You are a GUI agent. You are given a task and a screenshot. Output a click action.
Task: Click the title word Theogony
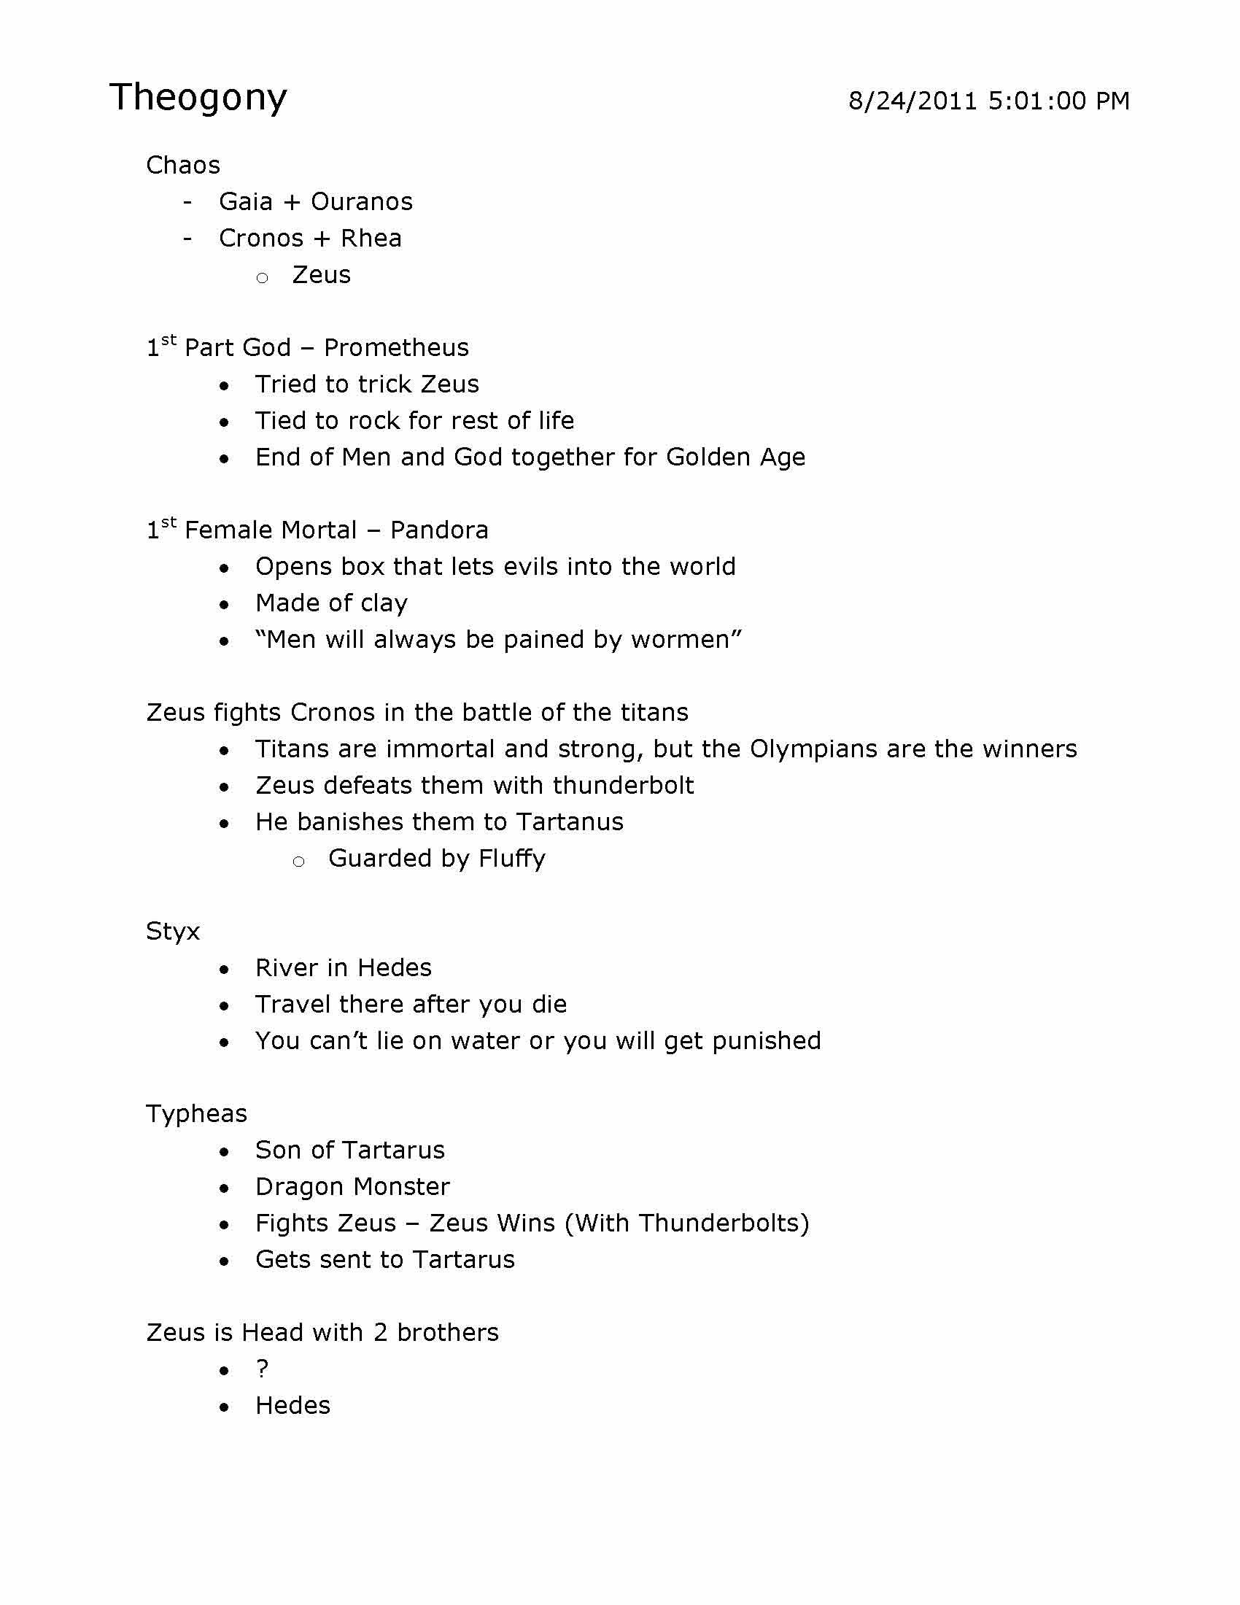click(x=198, y=98)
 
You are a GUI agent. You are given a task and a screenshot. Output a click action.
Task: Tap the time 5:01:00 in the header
click(x=1036, y=101)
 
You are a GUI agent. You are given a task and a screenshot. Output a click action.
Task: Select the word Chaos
click(x=183, y=165)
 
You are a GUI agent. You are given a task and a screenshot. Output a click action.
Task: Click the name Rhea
click(x=371, y=238)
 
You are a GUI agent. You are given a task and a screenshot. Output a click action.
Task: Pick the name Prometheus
click(x=396, y=347)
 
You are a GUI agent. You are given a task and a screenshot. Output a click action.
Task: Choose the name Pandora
click(x=438, y=530)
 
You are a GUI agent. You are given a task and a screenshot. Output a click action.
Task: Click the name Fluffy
click(x=512, y=859)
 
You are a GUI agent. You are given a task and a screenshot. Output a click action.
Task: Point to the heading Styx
click(x=173, y=932)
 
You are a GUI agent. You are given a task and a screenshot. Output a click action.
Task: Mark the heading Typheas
click(x=196, y=1114)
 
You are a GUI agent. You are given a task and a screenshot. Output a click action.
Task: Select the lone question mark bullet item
click(x=263, y=1369)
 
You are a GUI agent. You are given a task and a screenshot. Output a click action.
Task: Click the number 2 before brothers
click(x=380, y=1332)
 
